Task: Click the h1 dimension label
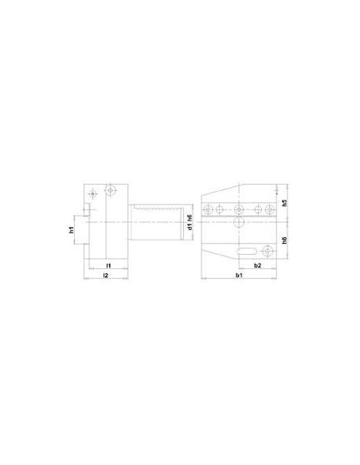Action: point(71,230)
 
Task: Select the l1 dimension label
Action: point(108,265)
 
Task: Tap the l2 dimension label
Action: point(106,275)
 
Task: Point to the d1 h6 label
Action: point(190,222)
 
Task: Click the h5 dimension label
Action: point(284,203)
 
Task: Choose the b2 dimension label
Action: point(257,265)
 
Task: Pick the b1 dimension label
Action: point(239,275)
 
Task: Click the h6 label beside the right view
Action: point(284,240)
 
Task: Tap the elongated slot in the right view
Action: point(247,251)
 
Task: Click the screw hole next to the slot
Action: point(268,251)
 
